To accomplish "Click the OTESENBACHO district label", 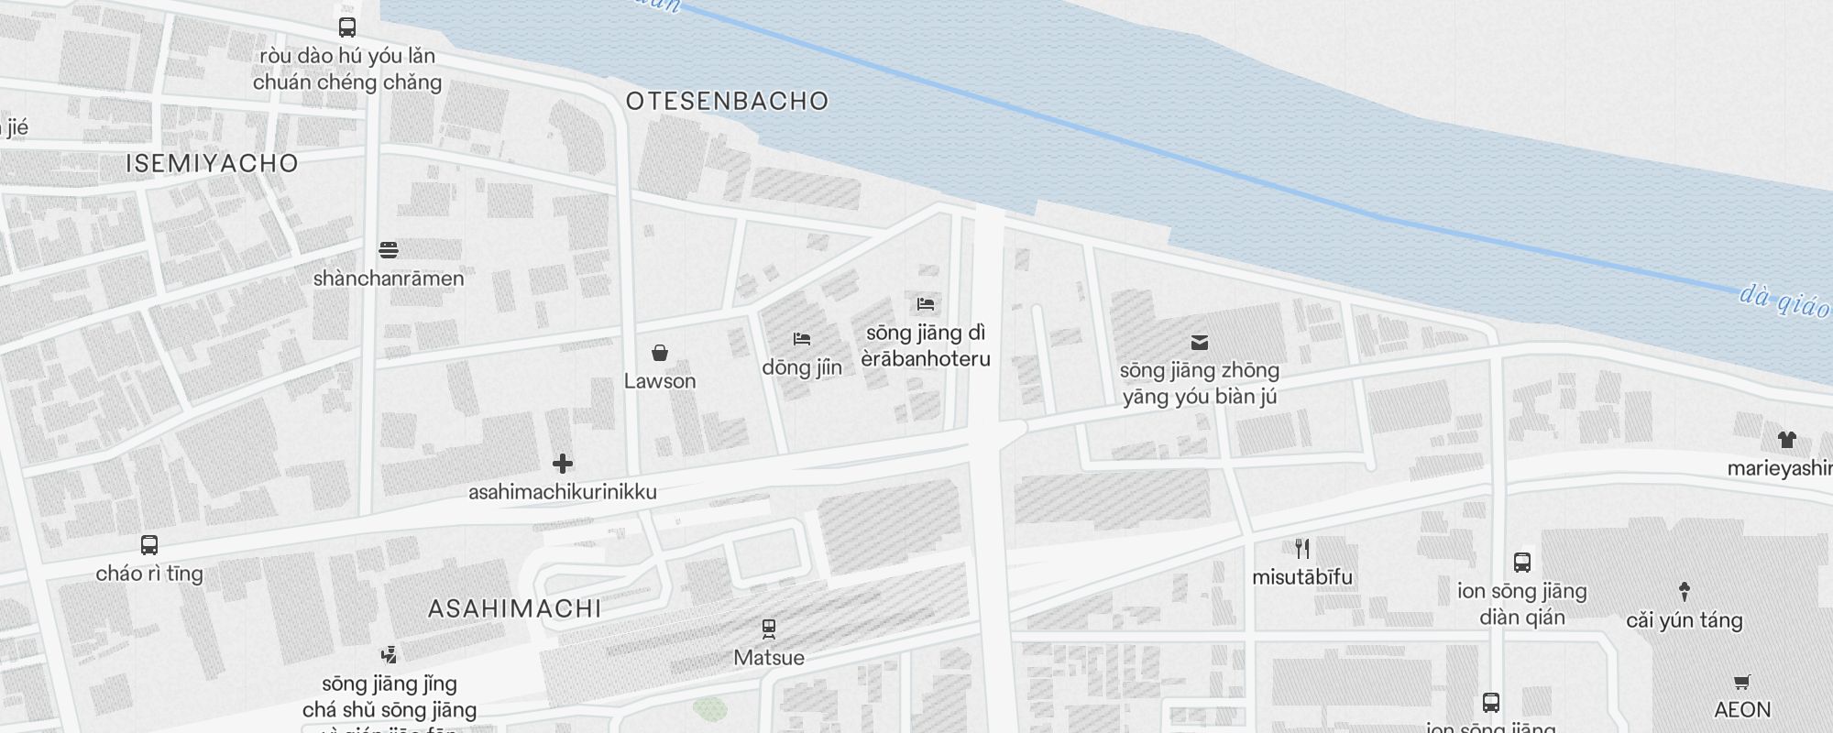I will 727,101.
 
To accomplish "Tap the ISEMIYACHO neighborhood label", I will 213,163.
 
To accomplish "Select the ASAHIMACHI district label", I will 515,608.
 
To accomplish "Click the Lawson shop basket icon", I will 659,353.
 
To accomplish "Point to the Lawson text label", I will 660,381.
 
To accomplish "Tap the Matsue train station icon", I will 769,629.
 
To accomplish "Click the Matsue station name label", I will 769,658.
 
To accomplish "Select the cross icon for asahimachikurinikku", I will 563,464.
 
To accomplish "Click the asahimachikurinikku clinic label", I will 563,492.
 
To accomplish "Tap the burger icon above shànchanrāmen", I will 389,249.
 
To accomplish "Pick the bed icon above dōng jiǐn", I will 802,339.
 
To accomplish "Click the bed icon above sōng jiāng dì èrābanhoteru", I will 926,303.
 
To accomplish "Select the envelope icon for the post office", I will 1199,343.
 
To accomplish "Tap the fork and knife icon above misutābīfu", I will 1302,549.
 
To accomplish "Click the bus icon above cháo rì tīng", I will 149,545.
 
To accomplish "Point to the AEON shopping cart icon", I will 1742,682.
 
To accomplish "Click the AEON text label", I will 1742,710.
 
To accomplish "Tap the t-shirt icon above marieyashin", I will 1786,440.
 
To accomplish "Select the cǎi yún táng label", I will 1684,620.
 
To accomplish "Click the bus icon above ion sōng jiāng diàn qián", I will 1522,563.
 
